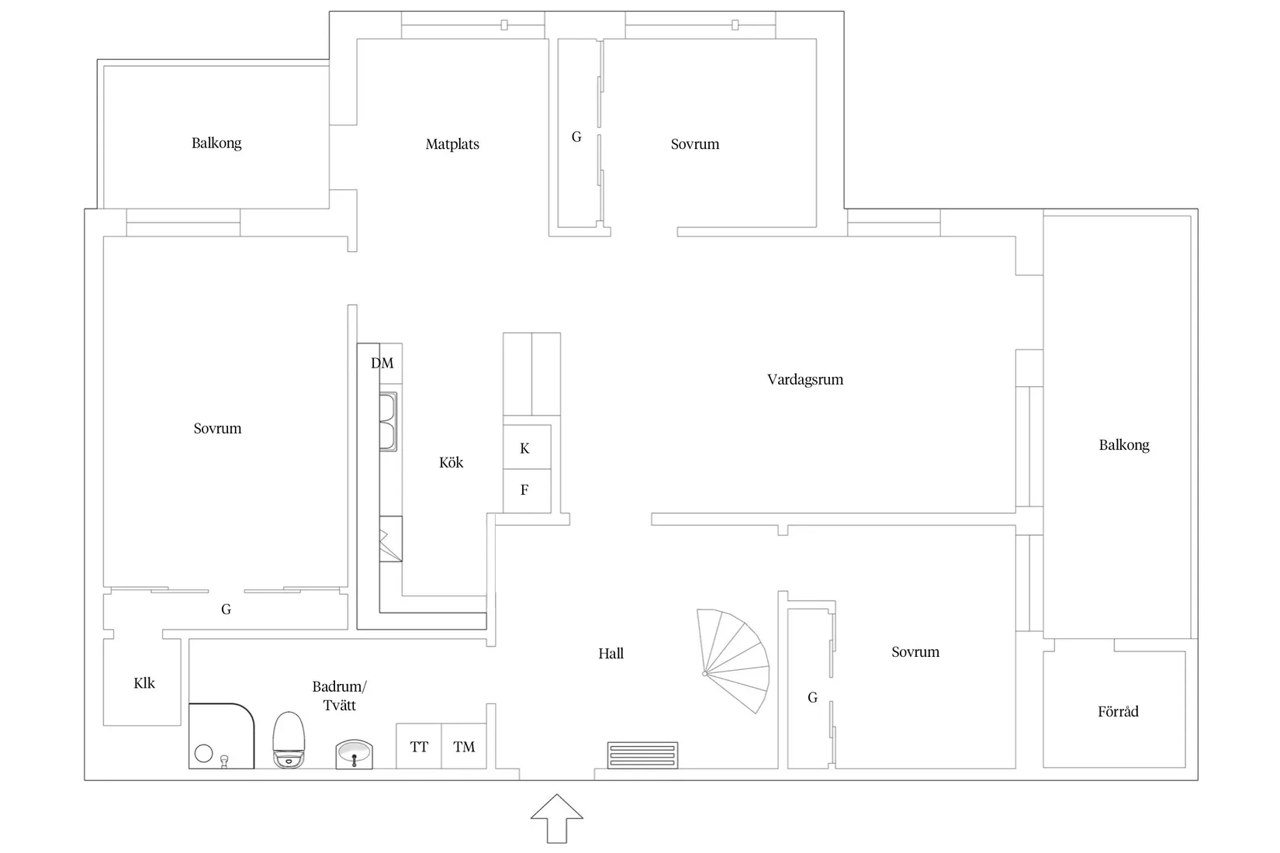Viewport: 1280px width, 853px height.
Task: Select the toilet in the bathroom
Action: (x=289, y=741)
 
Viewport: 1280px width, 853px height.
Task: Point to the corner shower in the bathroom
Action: (x=220, y=736)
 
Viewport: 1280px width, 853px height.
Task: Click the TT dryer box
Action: (x=419, y=747)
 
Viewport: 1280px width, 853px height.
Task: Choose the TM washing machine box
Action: (x=464, y=747)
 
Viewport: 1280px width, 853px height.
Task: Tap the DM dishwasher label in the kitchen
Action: (x=382, y=363)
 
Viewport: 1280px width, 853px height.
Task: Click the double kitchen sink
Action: (x=388, y=422)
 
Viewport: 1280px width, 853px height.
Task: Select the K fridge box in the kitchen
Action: (x=525, y=448)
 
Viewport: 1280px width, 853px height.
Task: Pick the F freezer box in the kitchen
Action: (x=525, y=490)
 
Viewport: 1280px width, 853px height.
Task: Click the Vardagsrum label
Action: (x=804, y=379)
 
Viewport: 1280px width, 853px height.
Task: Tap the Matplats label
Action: (x=452, y=144)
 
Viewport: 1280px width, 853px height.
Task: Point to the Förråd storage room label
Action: (x=1118, y=711)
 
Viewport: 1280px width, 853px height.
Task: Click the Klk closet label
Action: (x=144, y=683)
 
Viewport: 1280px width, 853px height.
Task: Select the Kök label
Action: (x=451, y=463)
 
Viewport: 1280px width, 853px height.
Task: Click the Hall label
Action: (x=611, y=654)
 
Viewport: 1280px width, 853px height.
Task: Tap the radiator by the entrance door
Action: (x=642, y=755)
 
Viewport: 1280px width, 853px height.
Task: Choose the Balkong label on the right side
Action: (x=1123, y=445)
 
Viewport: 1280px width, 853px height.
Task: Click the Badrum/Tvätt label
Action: (x=339, y=696)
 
